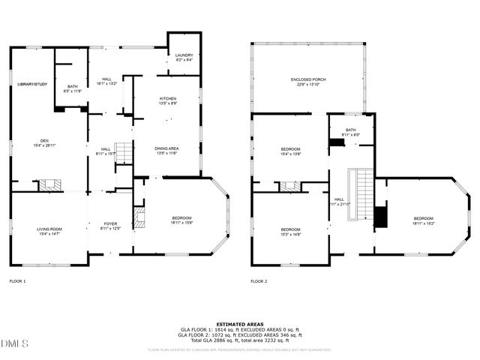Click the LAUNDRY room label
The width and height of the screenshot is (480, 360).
184,56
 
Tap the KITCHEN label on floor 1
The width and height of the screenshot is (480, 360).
167,100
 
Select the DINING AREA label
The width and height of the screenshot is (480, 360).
166,148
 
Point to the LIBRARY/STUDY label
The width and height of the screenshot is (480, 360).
32,84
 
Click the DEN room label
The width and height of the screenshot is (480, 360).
44,141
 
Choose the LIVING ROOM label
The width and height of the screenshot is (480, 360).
49,229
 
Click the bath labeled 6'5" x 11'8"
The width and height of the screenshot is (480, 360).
72,88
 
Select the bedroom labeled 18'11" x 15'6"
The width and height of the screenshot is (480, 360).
181,219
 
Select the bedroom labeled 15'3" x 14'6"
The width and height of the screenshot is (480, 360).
290,230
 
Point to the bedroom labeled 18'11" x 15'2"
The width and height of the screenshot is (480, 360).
422,220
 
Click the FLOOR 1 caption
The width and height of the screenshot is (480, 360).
17,281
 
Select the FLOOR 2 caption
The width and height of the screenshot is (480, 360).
259,281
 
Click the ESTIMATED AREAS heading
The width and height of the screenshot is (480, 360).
239,324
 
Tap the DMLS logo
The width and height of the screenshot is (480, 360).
14,343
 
